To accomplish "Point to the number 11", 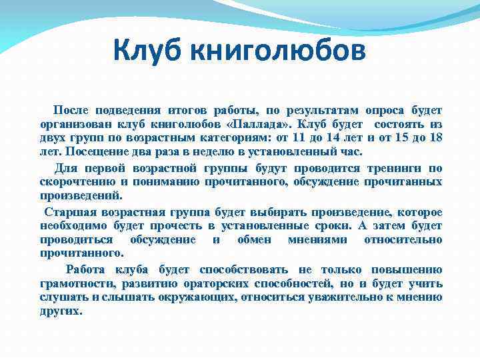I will [299, 139].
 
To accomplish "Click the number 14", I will [336, 139].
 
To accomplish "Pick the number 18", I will [435, 139].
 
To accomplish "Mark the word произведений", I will [81, 197].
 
